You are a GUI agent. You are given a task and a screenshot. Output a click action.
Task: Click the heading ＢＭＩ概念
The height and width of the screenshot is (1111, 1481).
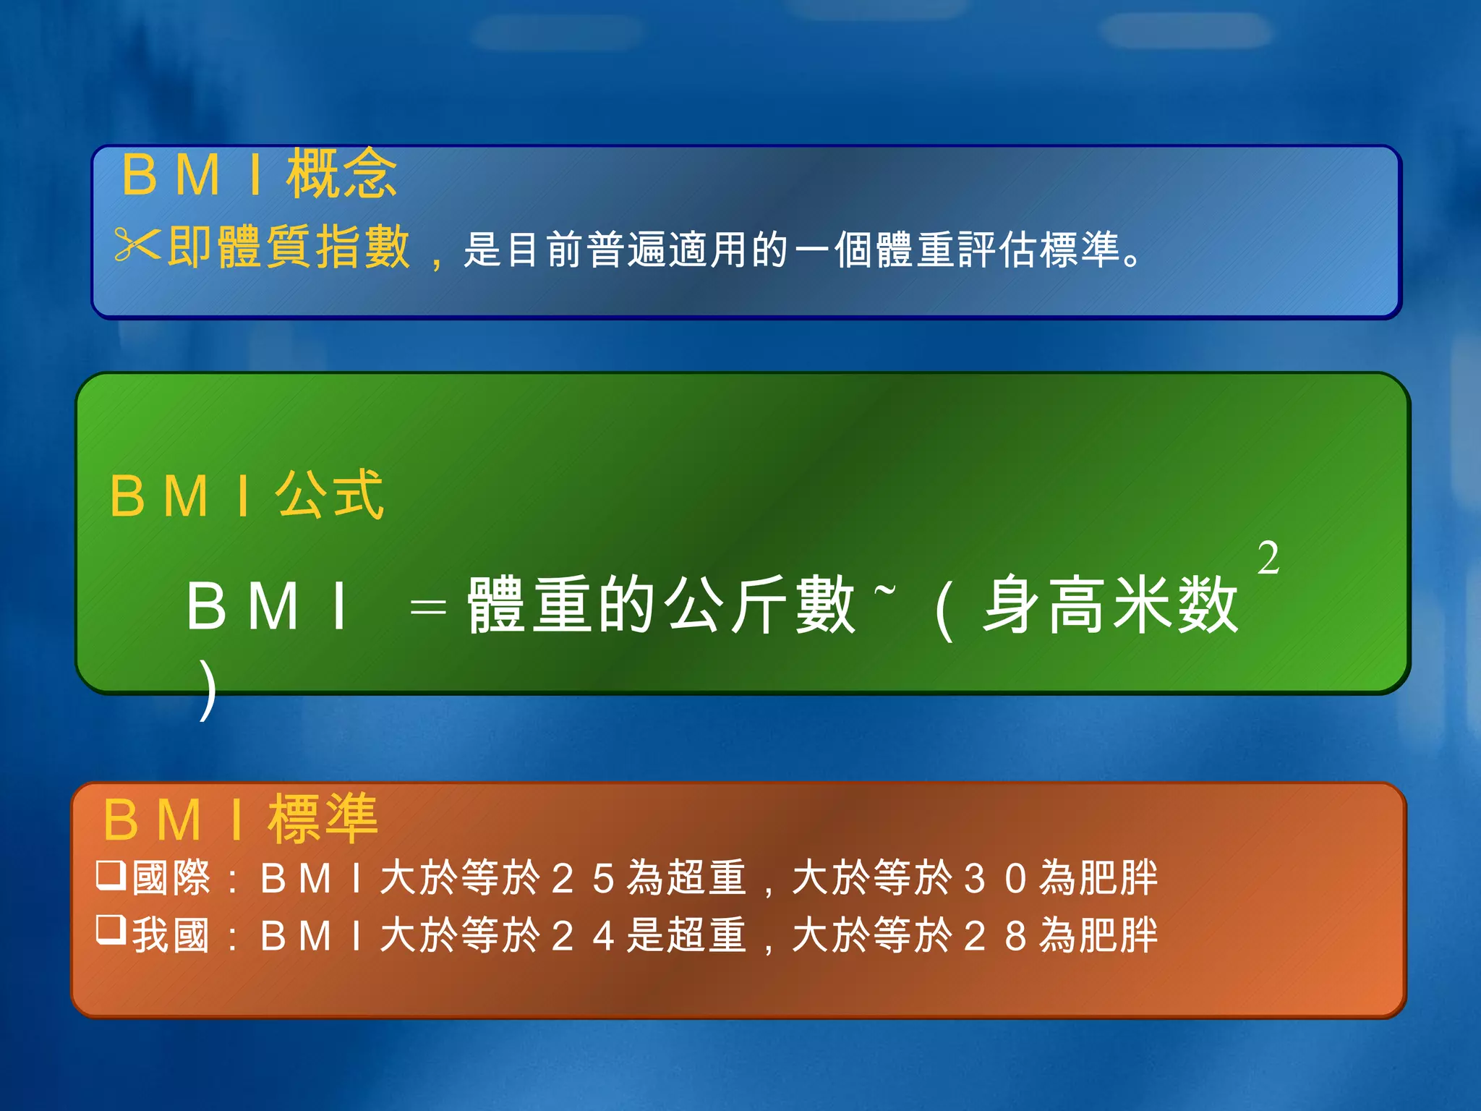coord(259,174)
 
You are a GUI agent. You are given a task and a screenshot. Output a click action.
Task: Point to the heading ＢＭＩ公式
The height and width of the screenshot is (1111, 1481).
coord(247,495)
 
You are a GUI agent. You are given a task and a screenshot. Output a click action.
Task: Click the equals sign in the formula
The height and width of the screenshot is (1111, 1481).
coord(427,608)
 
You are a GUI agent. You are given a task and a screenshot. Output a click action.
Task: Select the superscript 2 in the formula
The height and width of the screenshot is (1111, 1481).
coord(1268,558)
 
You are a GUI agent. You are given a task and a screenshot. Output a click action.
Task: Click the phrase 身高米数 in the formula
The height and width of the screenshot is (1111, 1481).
coord(1110,606)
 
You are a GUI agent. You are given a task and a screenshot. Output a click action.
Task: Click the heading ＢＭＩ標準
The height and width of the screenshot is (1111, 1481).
coord(241,820)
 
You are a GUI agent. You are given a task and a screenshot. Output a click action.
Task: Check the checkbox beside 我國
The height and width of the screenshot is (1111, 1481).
coord(111,930)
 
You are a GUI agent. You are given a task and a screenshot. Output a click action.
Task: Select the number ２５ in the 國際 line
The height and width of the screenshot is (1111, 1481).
coord(583,879)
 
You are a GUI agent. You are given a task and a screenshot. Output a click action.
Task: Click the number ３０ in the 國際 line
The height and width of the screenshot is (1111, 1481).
coord(996,879)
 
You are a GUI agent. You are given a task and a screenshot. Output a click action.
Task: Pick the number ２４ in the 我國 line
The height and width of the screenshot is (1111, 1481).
coord(583,935)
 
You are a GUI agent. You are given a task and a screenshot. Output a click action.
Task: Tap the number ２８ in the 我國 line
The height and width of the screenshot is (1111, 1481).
coord(996,935)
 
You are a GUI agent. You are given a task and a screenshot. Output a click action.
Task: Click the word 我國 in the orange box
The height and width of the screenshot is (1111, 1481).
coord(171,935)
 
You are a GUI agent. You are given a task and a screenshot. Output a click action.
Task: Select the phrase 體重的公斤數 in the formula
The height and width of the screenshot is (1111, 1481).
coord(661,606)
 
